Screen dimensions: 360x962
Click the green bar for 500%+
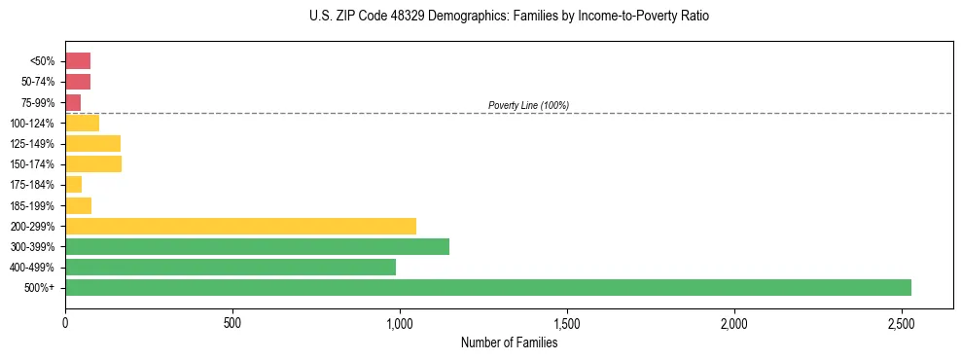[487, 287]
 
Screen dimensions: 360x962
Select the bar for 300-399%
[257, 246]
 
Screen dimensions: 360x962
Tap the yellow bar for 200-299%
[240, 226]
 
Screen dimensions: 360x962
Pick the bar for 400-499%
[231, 267]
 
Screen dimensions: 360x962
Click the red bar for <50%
[78, 61]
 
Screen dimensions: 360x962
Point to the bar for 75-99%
[73, 102]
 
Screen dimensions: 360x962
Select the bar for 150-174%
[93, 164]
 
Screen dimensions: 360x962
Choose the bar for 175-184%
[74, 185]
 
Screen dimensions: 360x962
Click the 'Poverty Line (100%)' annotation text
[528, 105]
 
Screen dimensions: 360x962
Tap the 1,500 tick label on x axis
[566, 322]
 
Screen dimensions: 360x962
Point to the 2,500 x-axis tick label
[901, 322]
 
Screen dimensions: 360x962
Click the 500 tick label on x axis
[232, 322]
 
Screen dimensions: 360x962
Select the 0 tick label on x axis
[65, 322]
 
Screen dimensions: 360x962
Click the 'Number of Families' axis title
[509, 342]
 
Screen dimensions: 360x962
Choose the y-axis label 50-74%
[36, 82]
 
